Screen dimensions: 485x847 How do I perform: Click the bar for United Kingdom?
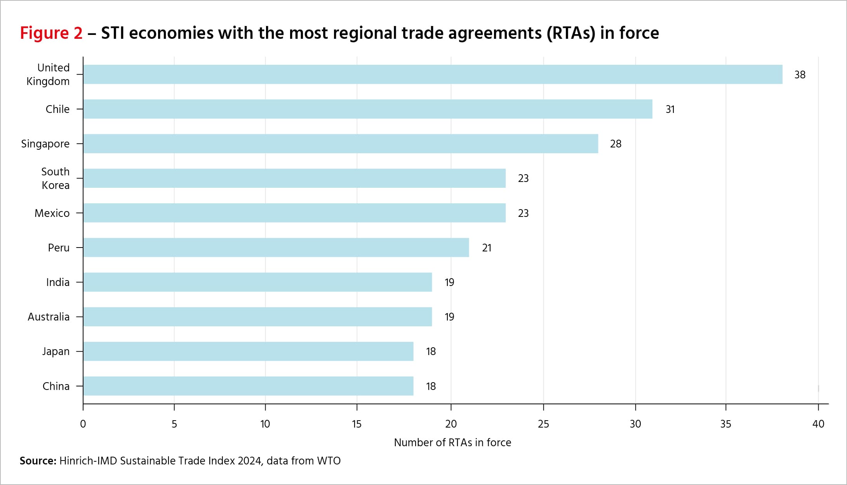click(433, 74)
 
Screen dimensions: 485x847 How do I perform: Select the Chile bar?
click(367, 109)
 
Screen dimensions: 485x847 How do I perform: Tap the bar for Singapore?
click(340, 144)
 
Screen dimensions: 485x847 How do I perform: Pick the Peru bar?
click(276, 248)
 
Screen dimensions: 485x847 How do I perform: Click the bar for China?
click(248, 386)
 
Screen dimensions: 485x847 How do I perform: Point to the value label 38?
click(800, 75)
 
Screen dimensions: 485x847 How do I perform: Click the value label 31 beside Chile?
click(670, 109)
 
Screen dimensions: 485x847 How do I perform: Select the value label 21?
click(487, 248)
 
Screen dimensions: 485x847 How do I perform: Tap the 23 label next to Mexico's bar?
click(523, 213)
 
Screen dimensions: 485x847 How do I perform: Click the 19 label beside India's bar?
click(449, 282)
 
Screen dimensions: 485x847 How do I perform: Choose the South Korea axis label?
click(56, 178)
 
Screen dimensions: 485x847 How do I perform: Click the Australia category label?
click(49, 317)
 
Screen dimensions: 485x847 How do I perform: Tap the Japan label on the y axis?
click(56, 352)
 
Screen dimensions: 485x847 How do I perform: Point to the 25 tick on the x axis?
click(543, 424)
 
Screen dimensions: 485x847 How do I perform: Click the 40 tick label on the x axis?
click(818, 424)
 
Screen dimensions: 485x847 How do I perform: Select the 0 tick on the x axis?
click(83, 424)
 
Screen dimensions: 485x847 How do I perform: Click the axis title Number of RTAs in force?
click(452, 443)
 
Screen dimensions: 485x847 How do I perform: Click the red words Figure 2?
click(51, 33)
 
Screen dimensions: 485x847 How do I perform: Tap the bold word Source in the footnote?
click(38, 461)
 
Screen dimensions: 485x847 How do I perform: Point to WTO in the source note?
click(329, 461)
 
